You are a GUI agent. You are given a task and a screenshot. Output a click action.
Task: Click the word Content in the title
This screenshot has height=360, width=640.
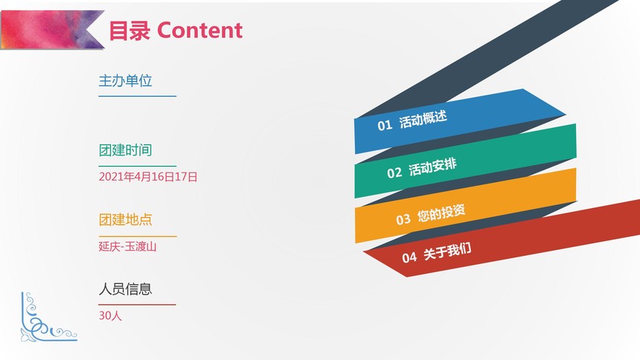199,30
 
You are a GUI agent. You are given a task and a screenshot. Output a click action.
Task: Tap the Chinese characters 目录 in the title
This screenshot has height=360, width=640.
129,30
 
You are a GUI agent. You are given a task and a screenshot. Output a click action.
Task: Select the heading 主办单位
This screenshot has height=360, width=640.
125,81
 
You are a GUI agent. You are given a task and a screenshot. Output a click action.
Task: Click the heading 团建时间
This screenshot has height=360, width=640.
125,150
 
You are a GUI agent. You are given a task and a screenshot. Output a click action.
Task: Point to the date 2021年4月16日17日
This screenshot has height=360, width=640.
148,177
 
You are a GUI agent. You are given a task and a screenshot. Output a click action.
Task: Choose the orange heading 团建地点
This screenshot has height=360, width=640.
125,219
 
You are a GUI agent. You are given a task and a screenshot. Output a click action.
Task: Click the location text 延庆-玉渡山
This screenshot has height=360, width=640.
128,246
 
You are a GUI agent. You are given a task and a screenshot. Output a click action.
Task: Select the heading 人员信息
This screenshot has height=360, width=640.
125,289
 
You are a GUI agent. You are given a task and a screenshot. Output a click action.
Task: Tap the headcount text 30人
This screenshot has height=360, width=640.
110,315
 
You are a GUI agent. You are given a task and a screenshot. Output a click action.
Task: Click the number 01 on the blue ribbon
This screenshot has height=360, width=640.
385,125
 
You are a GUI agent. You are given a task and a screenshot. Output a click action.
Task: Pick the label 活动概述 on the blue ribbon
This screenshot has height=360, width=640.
423,120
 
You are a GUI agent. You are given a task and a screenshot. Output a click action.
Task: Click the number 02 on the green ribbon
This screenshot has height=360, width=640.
394,173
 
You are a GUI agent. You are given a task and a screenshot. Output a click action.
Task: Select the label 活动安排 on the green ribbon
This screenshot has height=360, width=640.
432,167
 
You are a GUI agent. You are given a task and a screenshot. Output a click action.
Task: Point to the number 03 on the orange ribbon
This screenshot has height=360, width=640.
403,219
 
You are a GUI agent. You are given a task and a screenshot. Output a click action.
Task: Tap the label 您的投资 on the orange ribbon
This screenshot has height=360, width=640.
441,213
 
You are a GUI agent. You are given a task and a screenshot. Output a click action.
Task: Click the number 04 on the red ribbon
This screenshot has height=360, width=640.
409,257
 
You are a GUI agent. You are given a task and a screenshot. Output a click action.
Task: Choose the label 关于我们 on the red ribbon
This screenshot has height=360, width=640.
447,251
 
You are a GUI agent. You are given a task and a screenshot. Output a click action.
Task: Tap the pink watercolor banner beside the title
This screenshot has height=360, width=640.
52,30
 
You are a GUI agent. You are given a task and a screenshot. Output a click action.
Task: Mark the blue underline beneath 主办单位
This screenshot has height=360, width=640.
138,97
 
